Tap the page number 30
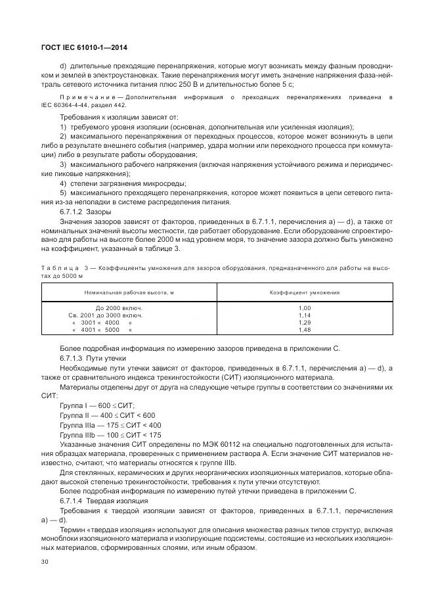pyautogui.click(x=45, y=562)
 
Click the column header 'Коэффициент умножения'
pyautogui.click(x=304, y=291)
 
